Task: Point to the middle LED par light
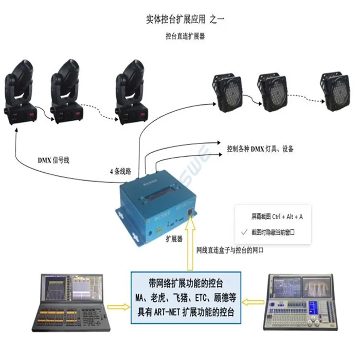pos(274,92)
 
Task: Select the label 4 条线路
pos(121,171)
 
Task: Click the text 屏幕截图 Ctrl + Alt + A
pos(277,217)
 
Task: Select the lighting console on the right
pos(300,302)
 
